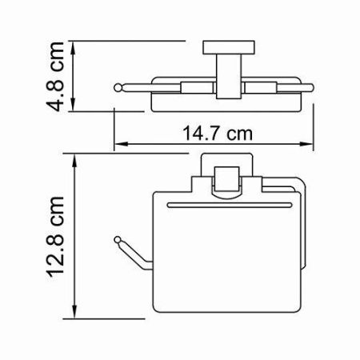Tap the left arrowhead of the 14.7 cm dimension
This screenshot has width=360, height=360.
(x=120, y=145)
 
